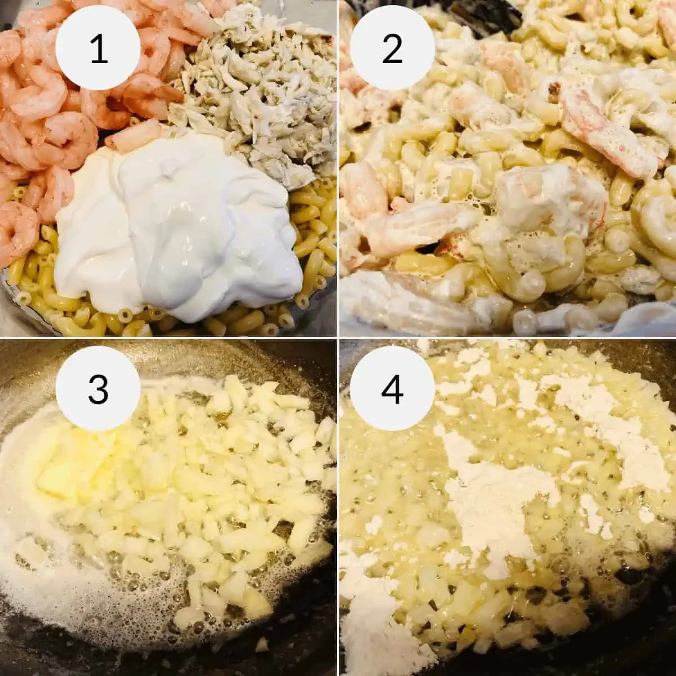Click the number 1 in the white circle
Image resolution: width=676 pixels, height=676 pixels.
(99, 48)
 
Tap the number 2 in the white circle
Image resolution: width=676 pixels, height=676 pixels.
(392, 48)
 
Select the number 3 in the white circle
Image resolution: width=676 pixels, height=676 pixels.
(99, 388)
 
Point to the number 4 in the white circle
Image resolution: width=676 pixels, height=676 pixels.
(392, 388)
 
